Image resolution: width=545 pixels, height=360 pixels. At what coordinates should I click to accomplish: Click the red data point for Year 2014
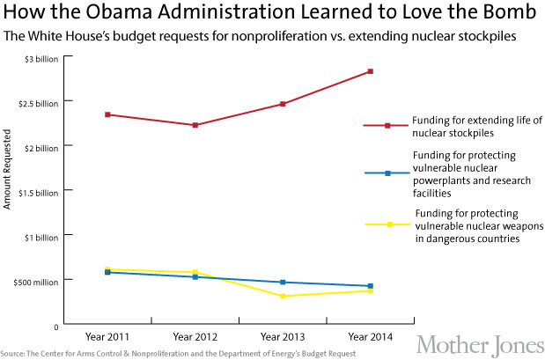pos(371,71)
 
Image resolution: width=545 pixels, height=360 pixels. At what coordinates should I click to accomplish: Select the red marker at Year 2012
pos(195,125)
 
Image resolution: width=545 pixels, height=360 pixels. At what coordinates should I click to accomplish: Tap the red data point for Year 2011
pos(107,114)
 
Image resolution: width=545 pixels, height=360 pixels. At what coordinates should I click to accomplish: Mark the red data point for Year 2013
pos(283,104)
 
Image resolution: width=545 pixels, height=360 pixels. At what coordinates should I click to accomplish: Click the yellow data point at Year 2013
pos(283,296)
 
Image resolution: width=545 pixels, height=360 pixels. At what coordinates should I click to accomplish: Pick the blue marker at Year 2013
pos(283,283)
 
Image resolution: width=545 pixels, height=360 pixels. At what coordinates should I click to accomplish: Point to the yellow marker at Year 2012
pos(195,273)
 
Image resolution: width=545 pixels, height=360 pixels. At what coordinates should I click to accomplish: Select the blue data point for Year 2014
pos(371,286)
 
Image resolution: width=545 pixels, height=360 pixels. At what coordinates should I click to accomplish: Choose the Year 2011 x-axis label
pos(107,337)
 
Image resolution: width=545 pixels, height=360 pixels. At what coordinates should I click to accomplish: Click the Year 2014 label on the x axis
pos(371,337)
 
